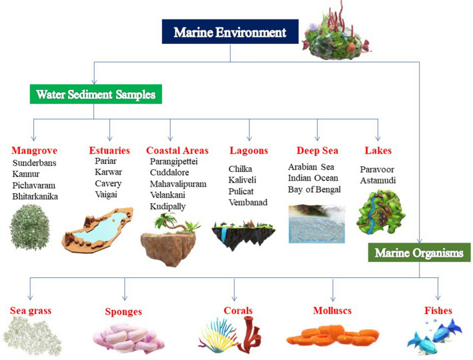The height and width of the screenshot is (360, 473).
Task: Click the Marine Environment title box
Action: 229,32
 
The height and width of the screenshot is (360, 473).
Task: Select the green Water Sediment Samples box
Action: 95,95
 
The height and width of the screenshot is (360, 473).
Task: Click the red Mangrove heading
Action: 34,151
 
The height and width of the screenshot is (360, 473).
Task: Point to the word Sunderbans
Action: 35,163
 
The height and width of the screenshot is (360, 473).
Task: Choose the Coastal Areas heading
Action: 177,151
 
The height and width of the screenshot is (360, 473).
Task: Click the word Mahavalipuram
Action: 178,184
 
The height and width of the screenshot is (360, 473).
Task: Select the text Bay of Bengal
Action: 314,190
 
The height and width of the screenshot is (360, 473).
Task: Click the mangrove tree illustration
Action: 34,227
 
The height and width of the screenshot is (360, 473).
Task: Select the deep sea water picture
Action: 316,224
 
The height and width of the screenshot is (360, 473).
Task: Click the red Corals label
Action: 238,311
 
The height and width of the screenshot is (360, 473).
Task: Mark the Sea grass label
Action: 31,311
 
